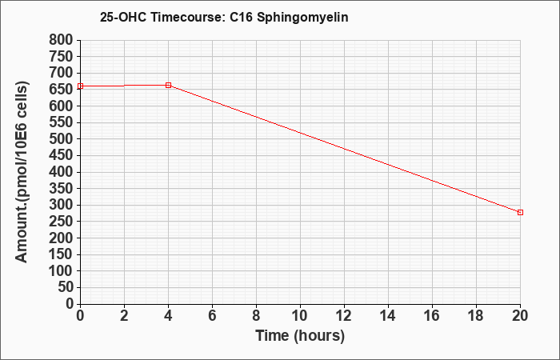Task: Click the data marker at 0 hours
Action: [x=80, y=86]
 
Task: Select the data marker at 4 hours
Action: [x=168, y=85]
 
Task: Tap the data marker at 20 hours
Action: [x=520, y=213]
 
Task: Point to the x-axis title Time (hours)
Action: [x=300, y=336]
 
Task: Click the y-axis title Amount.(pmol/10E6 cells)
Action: [x=22, y=172]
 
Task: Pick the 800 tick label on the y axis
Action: [x=61, y=40]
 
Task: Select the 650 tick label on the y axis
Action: [x=61, y=90]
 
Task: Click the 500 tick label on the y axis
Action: [x=61, y=139]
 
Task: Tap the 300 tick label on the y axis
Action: [x=61, y=206]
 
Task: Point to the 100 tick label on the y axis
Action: [x=61, y=271]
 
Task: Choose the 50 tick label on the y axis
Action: [x=66, y=288]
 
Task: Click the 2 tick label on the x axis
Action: [x=124, y=316]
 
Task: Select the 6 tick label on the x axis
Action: [x=212, y=316]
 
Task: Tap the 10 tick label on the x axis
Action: [x=300, y=316]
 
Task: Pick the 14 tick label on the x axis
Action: [x=388, y=316]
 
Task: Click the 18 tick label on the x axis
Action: [x=476, y=316]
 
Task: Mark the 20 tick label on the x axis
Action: [x=520, y=316]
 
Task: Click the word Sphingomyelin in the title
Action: [x=302, y=18]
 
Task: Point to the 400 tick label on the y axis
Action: [x=61, y=172]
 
